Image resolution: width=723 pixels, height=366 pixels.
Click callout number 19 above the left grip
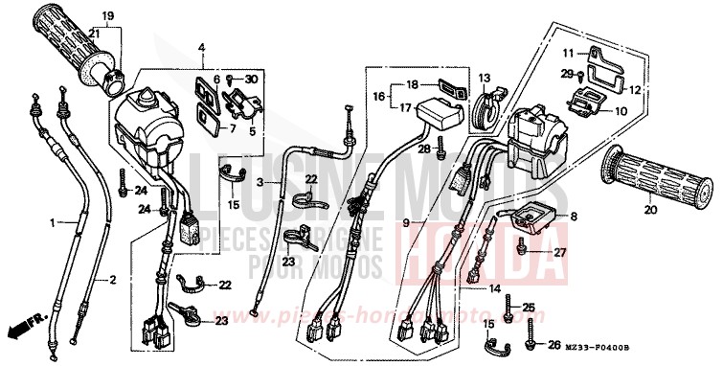107,16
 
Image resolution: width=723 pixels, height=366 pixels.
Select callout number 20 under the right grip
649,210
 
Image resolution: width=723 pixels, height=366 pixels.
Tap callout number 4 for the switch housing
202,48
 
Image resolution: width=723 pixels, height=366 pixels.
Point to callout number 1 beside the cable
52,222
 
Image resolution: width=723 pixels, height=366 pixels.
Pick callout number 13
484,79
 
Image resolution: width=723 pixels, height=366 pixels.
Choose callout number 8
575,217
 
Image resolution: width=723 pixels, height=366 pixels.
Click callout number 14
495,288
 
